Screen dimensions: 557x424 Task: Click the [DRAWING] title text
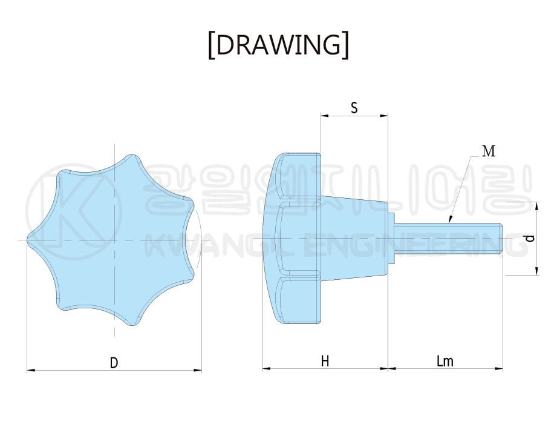tap(278, 45)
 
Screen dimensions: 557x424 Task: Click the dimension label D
tap(114, 363)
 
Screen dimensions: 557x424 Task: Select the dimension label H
tap(325, 361)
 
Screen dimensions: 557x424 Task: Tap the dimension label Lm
tap(445, 361)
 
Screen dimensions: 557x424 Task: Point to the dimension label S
tap(354, 107)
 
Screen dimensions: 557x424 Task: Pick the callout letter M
tap(489, 151)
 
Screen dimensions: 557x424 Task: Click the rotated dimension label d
tap(530, 238)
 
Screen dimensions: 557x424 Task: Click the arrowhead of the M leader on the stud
tap(450, 220)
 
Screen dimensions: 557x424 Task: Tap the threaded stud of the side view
tap(449, 238)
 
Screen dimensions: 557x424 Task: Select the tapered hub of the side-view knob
tap(354, 238)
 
